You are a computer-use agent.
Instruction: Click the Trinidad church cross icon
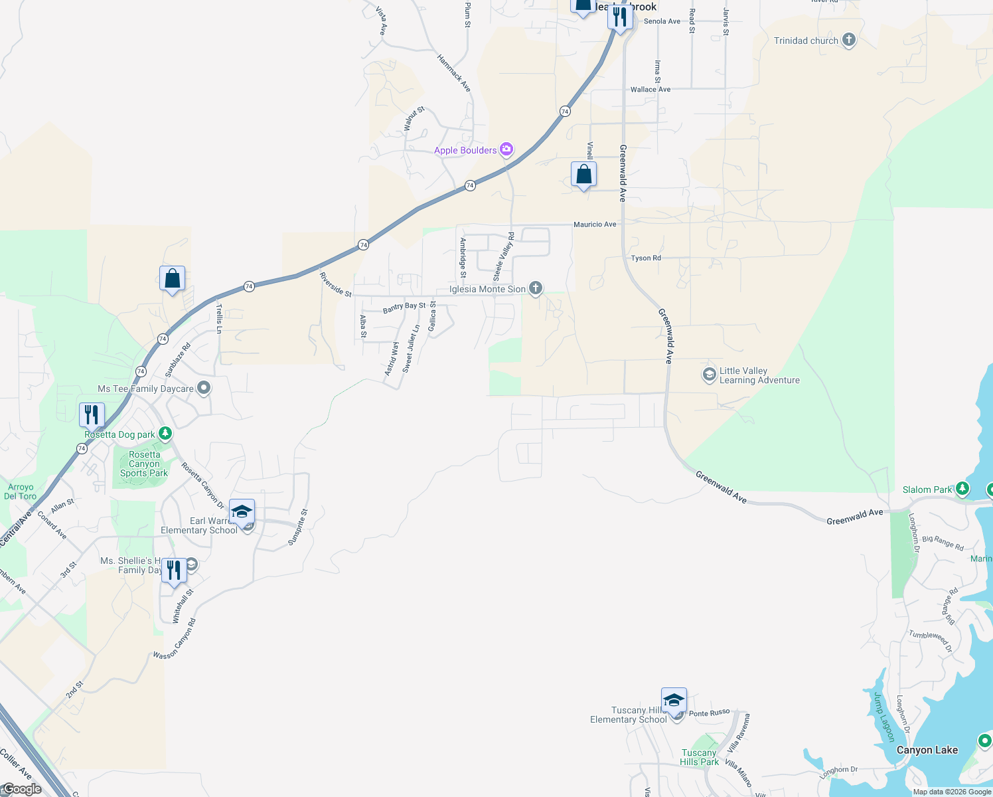(848, 40)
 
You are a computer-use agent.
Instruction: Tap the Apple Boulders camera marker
(506, 149)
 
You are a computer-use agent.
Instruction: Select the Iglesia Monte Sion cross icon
(536, 288)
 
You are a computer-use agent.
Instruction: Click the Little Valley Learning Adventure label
(759, 376)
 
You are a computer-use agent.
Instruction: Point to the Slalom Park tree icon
(962, 489)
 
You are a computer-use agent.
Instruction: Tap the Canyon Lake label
(927, 750)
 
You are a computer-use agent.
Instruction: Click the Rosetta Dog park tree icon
(165, 434)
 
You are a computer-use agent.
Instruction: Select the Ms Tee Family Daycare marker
(204, 388)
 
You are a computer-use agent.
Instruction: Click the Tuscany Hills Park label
(699, 757)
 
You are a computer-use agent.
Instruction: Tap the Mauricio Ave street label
(595, 224)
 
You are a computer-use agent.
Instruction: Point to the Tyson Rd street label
(646, 258)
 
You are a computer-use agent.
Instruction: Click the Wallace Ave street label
(650, 89)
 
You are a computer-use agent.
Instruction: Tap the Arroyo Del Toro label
(21, 491)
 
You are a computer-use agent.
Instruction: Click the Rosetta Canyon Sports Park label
(144, 464)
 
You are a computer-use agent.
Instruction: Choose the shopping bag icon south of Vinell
(583, 175)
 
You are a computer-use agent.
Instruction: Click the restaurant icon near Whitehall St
(174, 571)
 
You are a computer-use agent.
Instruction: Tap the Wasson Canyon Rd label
(175, 639)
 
